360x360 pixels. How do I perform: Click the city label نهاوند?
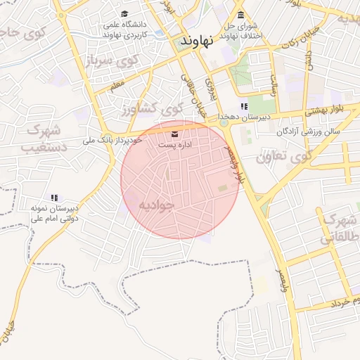196,41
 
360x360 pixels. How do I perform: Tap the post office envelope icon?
175,133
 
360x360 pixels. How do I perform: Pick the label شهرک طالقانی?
337,229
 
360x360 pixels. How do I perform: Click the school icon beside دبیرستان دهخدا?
244,107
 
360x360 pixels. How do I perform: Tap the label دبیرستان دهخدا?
244,117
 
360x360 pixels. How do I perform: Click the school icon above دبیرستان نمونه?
53,198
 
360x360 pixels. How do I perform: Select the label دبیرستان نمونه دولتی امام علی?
53,213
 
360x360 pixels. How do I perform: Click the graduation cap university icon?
125,14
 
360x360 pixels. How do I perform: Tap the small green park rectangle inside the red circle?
223,188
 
